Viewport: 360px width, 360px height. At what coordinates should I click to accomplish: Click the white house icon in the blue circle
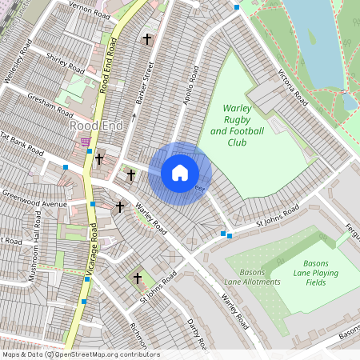(180, 173)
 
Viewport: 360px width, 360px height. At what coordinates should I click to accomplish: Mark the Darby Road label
(197, 333)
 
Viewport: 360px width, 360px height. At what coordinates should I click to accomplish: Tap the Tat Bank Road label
(19, 145)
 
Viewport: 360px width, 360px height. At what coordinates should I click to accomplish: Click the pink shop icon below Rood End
(86, 141)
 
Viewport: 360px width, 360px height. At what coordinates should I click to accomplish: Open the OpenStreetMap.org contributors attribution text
(107, 354)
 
